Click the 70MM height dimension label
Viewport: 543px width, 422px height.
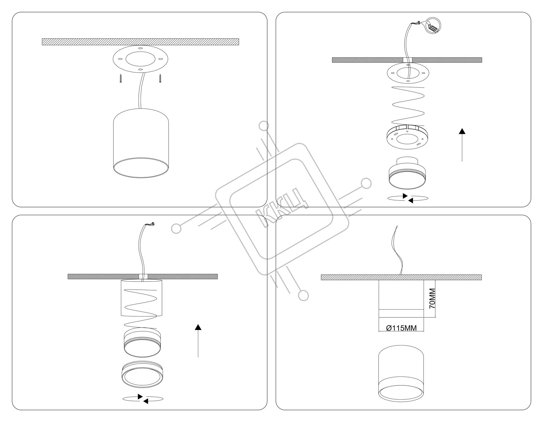[432, 298]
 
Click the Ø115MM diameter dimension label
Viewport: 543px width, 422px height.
[402, 328]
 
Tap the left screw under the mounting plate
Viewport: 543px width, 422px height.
[121, 78]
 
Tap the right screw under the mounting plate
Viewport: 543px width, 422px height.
[160, 78]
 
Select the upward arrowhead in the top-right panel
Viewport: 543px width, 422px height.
[462, 131]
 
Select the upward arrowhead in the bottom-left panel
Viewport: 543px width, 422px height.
[198, 327]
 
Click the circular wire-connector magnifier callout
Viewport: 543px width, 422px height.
[432, 26]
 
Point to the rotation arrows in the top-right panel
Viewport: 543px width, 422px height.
[408, 198]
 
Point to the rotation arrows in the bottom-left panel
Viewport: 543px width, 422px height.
[143, 399]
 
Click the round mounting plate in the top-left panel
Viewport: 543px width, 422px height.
[140, 59]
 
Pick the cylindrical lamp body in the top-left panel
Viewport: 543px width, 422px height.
[141, 143]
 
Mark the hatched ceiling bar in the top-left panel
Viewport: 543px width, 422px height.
[140, 42]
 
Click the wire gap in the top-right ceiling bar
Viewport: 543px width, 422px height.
[408, 60]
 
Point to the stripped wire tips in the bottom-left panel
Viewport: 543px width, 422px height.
[152, 224]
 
